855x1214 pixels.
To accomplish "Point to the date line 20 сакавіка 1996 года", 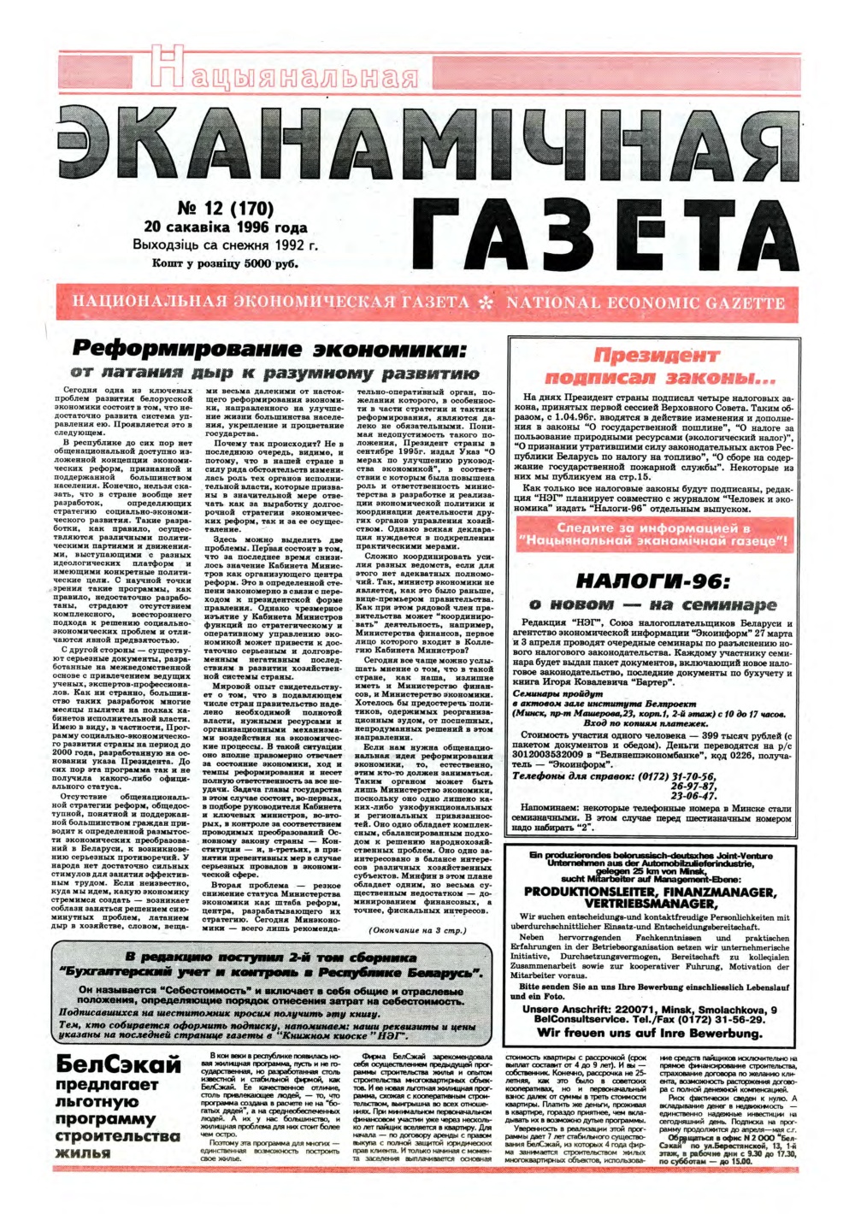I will pyautogui.click(x=225, y=227).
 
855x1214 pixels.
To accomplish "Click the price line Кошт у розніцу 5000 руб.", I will pyautogui.click(x=225, y=264).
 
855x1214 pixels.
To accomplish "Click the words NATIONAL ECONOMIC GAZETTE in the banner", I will pyautogui.click(x=646, y=303).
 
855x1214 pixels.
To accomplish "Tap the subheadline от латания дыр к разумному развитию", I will pyautogui.click(x=273, y=373).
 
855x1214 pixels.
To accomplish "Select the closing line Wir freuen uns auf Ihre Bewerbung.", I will pyautogui.click(x=650, y=1033).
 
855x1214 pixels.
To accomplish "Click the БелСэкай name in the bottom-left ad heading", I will pyautogui.click(x=119, y=1065).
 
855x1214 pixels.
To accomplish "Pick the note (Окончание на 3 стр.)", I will pyautogui.click(x=417, y=930).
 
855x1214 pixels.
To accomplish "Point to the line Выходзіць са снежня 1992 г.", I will pyautogui.click(x=225, y=245).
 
